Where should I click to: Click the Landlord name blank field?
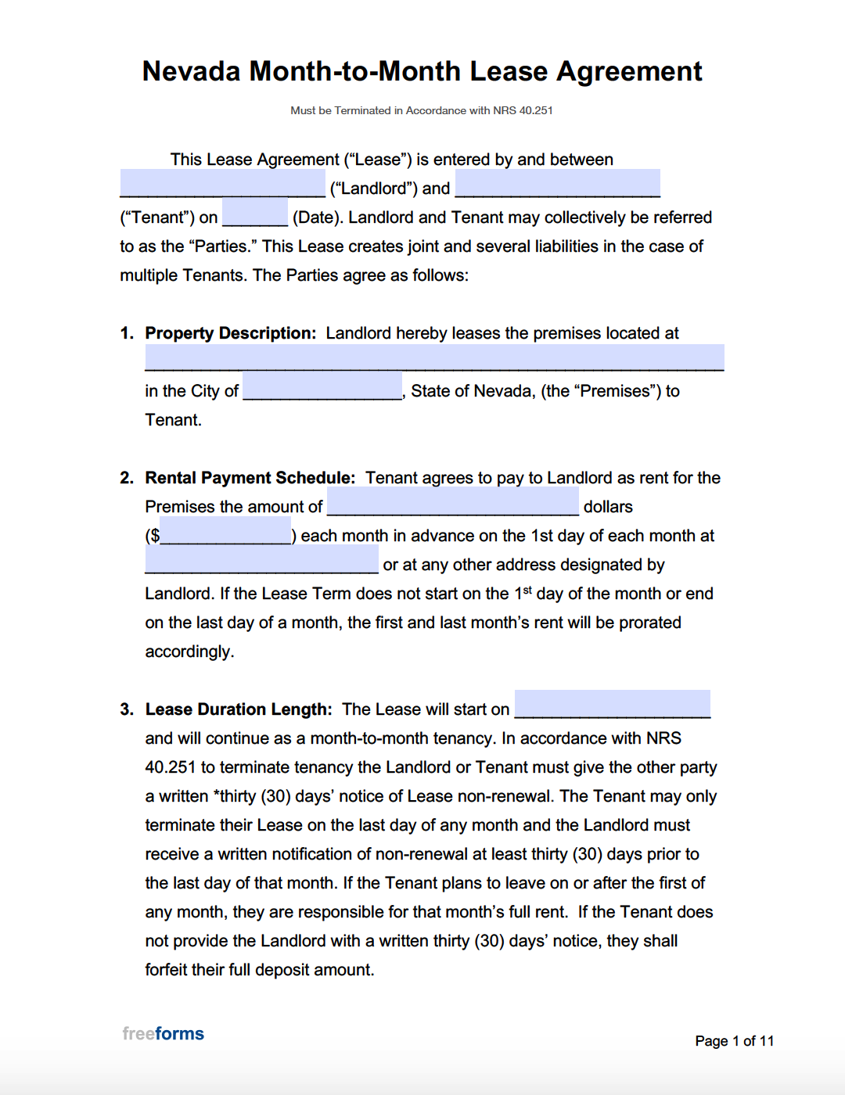tap(222, 185)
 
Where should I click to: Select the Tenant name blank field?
tap(557, 185)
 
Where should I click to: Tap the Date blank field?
tap(254, 214)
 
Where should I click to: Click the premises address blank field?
tap(434, 357)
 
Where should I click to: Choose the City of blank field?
tap(322, 386)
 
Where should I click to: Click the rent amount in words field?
tap(452, 502)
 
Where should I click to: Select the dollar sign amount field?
tap(225, 531)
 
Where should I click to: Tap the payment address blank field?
tap(261, 560)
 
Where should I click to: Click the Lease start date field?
tap(612, 705)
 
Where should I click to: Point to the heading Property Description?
tap(230, 333)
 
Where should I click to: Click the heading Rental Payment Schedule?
tap(250, 478)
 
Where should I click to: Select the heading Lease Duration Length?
tap(238, 709)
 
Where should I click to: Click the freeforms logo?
tap(163, 1034)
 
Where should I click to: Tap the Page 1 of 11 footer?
tap(734, 1041)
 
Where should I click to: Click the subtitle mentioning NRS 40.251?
tap(422, 110)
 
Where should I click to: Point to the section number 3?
tap(127, 709)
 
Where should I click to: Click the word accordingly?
tap(189, 652)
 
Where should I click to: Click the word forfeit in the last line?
tap(167, 970)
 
